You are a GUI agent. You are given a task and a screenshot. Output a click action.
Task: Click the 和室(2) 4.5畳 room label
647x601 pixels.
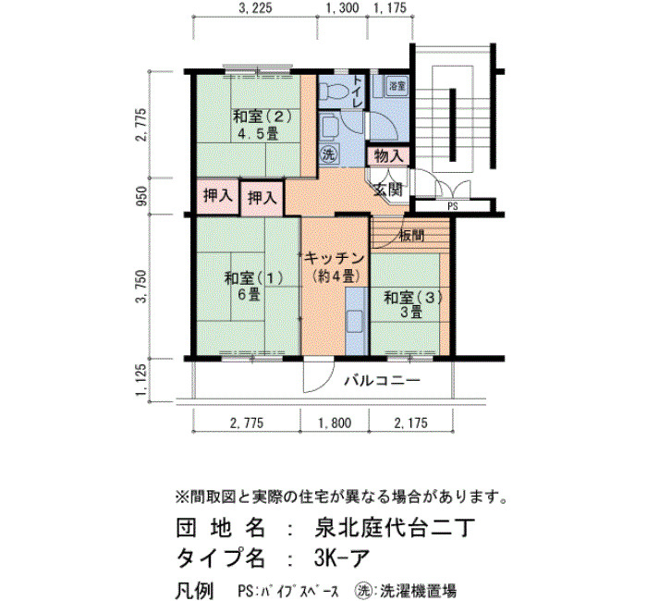tap(262, 125)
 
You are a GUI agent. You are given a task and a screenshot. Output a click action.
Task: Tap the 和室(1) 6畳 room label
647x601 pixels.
tap(253, 286)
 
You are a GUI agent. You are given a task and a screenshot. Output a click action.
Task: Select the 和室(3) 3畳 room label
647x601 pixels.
tap(412, 305)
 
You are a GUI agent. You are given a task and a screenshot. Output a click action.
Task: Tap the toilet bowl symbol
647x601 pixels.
tap(333, 91)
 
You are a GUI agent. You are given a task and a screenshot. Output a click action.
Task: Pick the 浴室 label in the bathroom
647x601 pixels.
tap(397, 86)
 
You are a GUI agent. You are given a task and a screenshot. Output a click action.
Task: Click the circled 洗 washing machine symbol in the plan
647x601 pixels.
tap(329, 154)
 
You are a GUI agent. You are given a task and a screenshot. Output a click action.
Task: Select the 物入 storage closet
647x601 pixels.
tap(388, 156)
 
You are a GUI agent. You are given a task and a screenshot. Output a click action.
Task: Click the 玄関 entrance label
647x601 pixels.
tap(388, 189)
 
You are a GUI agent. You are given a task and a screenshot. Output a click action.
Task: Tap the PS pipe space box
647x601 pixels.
tap(452, 206)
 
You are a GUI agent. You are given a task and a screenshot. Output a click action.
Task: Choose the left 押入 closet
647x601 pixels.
tap(217, 196)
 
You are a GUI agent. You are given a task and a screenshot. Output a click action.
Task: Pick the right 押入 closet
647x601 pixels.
tap(262, 199)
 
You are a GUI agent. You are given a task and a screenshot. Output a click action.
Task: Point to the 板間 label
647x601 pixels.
tap(412, 236)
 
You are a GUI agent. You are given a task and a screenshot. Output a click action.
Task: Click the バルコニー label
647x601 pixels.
tap(382, 380)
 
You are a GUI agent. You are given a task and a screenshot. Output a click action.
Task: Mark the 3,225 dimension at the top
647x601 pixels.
tap(255, 8)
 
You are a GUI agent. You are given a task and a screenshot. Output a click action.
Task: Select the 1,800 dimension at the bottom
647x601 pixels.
tap(335, 423)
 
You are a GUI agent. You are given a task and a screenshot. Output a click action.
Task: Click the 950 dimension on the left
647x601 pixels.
tap(141, 196)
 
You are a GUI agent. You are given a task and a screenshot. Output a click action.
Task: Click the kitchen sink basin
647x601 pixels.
tap(355, 321)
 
